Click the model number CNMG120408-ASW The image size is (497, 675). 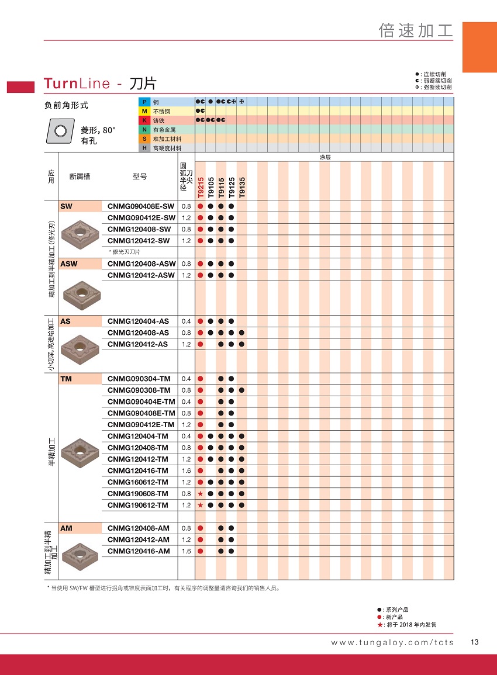tap(141, 264)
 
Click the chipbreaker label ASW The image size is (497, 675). tap(68, 264)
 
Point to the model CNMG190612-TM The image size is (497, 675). tap(138, 505)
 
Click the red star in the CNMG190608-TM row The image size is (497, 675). tap(200, 494)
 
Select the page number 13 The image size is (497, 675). tap(475, 642)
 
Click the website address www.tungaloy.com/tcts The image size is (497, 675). tap(392, 643)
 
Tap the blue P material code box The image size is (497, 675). tap(144, 102)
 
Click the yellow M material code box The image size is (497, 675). tap(144, 111)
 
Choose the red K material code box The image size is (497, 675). tap(144, 120)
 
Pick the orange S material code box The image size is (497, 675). tap(144, 139)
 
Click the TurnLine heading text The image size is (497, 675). tap(77, 84)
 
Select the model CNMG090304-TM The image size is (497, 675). tap(139, 379)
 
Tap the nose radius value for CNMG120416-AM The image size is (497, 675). tap(186, 551)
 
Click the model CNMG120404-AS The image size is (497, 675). tap(138, 321)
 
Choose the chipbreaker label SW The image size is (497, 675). tap(66, 206)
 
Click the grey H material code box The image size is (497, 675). tap(144, 148)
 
